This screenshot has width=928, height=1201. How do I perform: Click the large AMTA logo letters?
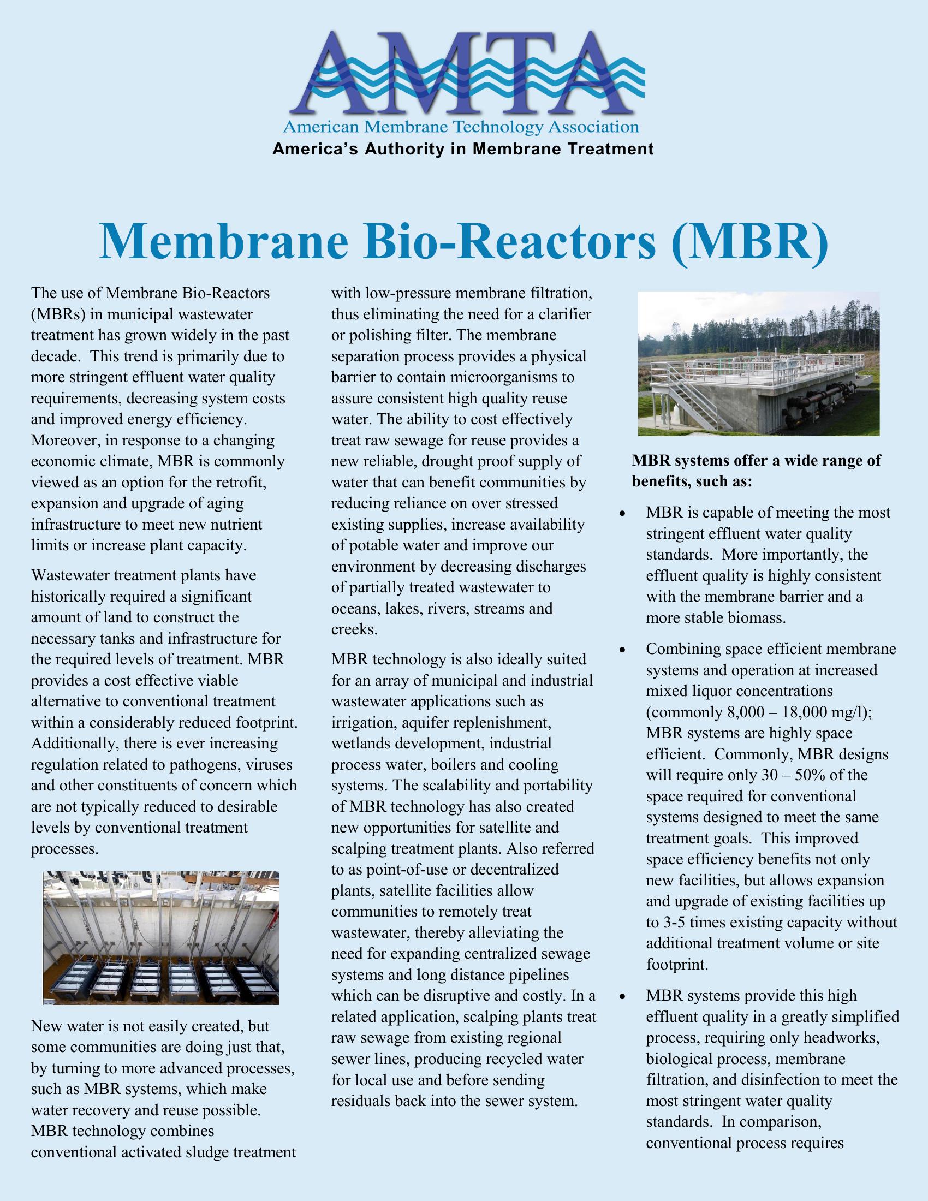[463, 74]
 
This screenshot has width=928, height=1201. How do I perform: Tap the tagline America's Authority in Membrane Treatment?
[463, 149]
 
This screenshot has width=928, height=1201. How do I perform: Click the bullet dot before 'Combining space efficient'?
[622, 650]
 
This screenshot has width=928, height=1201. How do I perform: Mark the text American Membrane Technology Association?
[461, 128]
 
